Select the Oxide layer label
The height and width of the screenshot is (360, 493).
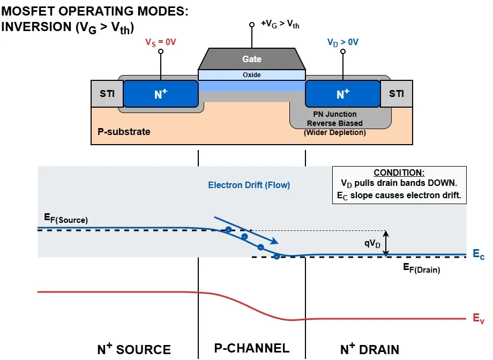tap(251, 75)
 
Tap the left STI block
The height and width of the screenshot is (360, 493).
tap(107, 94)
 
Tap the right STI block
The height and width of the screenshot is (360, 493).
tap(397, 94)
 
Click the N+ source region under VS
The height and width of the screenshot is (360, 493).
tap(161, 94)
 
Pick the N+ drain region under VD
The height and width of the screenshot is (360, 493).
tap(343, 94)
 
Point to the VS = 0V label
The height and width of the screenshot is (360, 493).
tap(160, 42)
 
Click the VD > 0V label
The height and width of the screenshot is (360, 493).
tap(343, 42)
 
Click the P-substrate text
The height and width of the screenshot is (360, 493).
tap(124, 131)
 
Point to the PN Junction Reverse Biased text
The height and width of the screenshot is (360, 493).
tap(335, 119)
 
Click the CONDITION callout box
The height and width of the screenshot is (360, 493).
tap(399, 185)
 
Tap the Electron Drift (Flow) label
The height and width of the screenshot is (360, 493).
tap(249, 185)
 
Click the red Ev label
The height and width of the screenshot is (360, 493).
tap(479, 319)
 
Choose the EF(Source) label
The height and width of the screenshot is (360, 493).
tap(65, 219)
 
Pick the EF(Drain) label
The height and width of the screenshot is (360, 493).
tap(421, 268)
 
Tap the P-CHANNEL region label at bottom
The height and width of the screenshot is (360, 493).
tap(252, 348)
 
